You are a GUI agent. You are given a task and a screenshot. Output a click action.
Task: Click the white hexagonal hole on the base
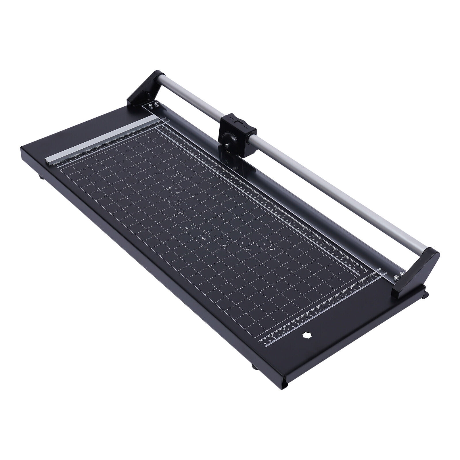point(305,335)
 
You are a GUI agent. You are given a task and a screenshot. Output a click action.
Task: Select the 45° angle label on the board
point(249,250)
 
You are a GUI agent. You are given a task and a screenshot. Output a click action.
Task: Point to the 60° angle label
point(273,250)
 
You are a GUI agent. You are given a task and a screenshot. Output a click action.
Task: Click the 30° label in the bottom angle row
point(225,246)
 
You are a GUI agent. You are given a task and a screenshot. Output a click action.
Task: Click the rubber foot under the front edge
point(255,366)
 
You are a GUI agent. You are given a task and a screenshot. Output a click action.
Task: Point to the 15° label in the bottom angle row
point(204,238)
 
